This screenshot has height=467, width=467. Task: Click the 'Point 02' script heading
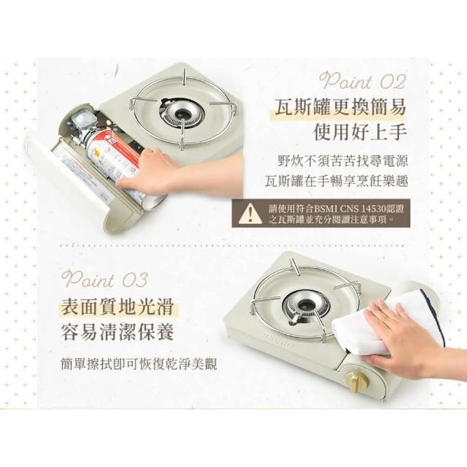point(362,81)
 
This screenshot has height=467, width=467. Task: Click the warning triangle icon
point(250,213)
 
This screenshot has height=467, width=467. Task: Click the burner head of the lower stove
point(305,305)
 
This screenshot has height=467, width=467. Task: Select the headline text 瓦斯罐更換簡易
point(340,107)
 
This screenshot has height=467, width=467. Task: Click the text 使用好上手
point(360,131)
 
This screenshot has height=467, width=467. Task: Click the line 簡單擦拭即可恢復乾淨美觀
point(139,363)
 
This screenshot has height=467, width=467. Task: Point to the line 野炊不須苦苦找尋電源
point(342,161)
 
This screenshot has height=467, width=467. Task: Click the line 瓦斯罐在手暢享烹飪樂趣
point(336,181)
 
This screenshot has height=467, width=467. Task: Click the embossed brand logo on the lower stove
point(277,340)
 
